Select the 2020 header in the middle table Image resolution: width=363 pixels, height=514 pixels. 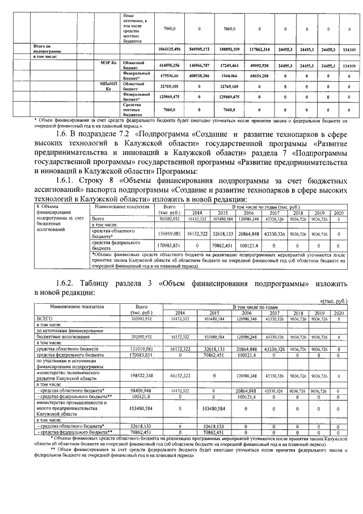click(x=339, y=213)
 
